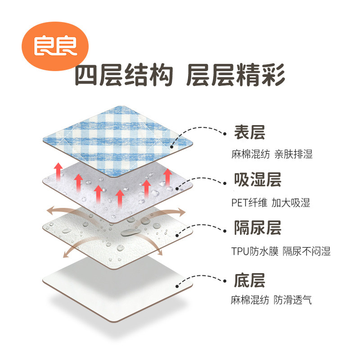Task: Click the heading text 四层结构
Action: coord(123,75)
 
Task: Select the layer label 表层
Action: coord(249,132)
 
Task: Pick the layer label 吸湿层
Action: coord(257,180)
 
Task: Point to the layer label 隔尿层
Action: coord(257,228)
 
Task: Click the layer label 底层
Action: coord(249,279)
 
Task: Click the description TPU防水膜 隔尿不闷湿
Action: coord(281,251)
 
